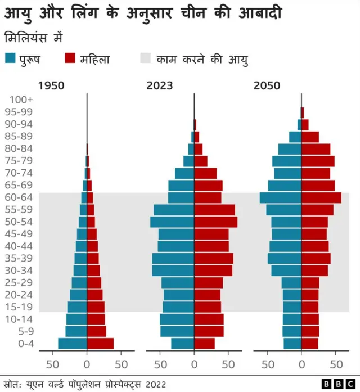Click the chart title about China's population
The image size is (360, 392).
(148, 13)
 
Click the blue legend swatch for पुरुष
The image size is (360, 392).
(11, 58)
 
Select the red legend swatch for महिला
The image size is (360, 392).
(70, 58)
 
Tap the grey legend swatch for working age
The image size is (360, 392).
(146, 58)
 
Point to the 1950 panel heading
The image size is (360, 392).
(51, 86)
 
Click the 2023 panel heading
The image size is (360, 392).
(159, 86)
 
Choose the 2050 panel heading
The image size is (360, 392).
(267, 86)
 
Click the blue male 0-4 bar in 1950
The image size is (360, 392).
(73, 344)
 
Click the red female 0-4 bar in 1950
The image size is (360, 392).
(100, 344)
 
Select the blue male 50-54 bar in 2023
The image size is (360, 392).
(172, 222)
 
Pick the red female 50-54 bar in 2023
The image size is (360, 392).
(215, 222)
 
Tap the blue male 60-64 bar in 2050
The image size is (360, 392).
(281, 197)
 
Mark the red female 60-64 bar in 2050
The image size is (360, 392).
(321, 197)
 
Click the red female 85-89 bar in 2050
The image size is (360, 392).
(310, 137)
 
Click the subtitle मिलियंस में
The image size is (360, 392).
(34, 38)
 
